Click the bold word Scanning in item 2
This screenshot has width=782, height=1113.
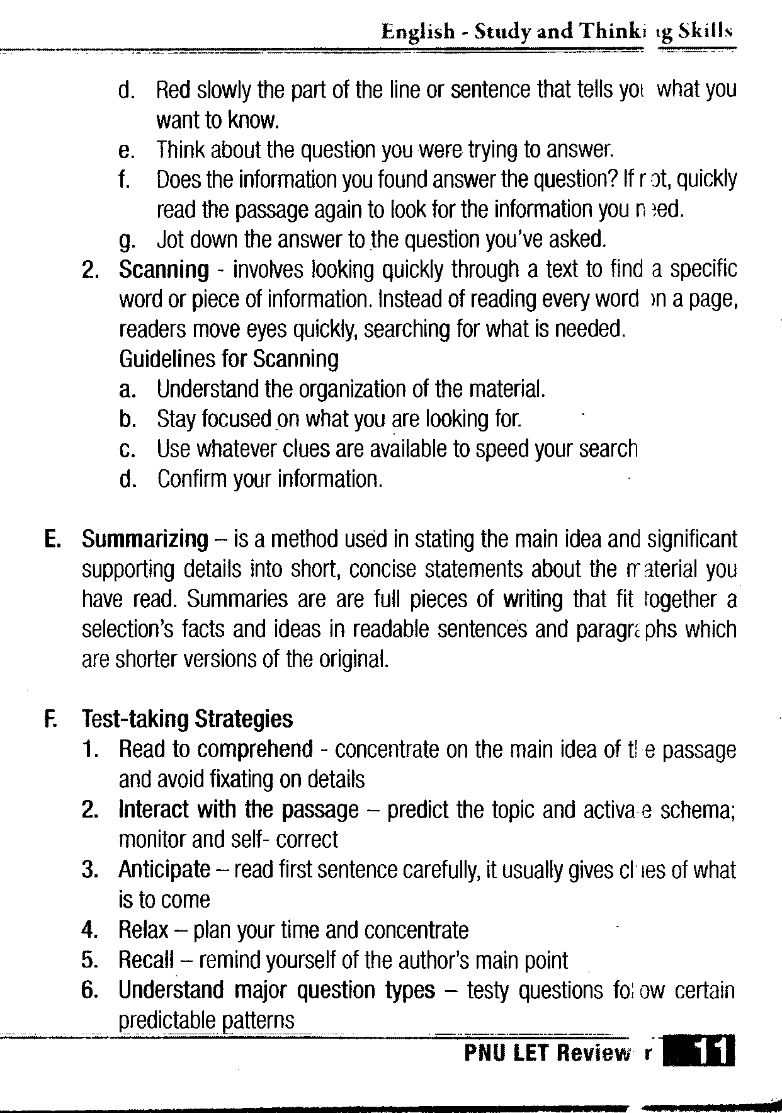[x=164, y=270]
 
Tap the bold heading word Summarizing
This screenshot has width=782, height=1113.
[x=145, y=539]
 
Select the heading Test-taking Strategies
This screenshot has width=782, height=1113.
[x=187, y=719]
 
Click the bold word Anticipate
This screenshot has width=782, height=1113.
[x=164, y=870]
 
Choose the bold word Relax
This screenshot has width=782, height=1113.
[x=144, y=930]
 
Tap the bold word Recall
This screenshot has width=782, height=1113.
[x=145, y=960]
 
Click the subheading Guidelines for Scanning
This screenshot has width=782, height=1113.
[x=229, y=359]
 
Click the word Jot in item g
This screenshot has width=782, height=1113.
[x=169, y=239]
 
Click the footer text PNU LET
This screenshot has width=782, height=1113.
[x=507, y=1053]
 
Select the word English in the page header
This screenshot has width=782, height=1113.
[x=417, y=31]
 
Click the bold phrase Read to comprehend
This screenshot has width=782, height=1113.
[x=215, y=749]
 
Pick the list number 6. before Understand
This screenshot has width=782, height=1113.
[x=90, y=990]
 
